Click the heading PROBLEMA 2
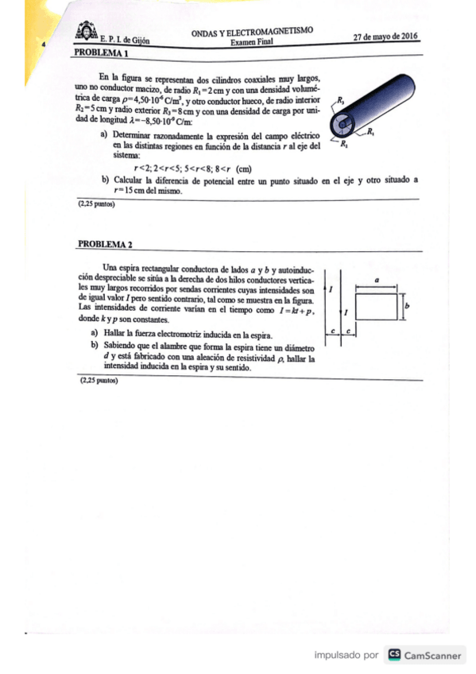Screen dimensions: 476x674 105,244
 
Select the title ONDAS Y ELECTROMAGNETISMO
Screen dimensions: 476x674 252,32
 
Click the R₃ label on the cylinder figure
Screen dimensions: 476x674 340,100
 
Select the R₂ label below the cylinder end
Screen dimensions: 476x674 342,145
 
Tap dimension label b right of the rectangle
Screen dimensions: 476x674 406,305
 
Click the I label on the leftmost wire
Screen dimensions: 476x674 331,291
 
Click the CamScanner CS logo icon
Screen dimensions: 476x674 393,655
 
